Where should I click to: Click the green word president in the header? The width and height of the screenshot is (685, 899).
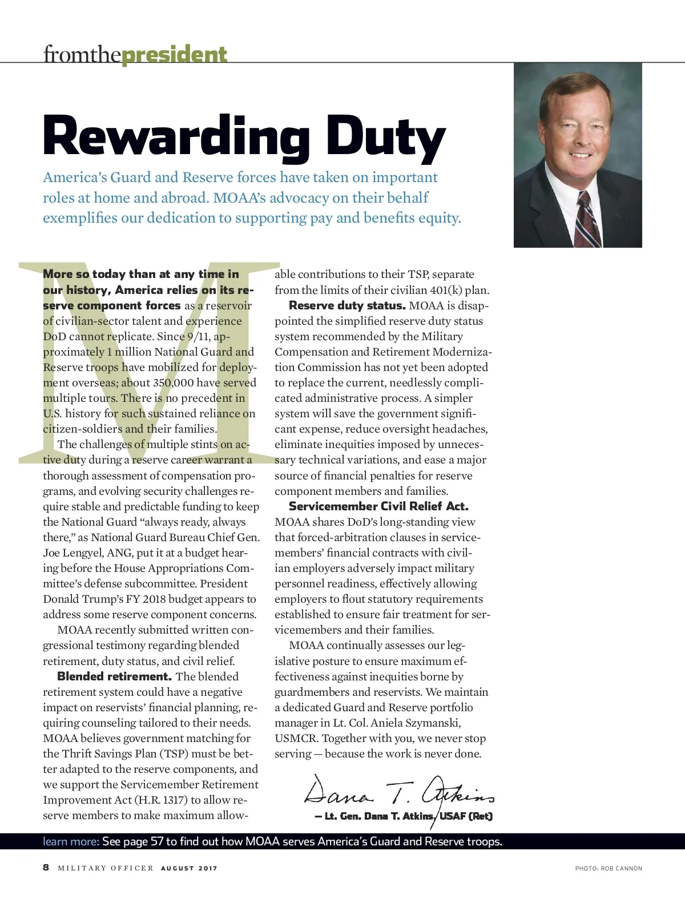tap(174, 55)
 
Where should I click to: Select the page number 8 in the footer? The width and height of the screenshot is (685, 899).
tap(46, 868)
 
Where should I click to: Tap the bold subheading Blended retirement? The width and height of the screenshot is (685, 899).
tap(114, 676)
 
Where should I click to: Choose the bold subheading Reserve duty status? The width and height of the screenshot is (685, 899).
tap(347, 305)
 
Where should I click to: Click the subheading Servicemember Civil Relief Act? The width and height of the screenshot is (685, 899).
tap(378, 506)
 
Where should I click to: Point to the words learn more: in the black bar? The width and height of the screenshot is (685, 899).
tap(71, 841)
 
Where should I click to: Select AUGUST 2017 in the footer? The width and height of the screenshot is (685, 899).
tap(189, 868)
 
